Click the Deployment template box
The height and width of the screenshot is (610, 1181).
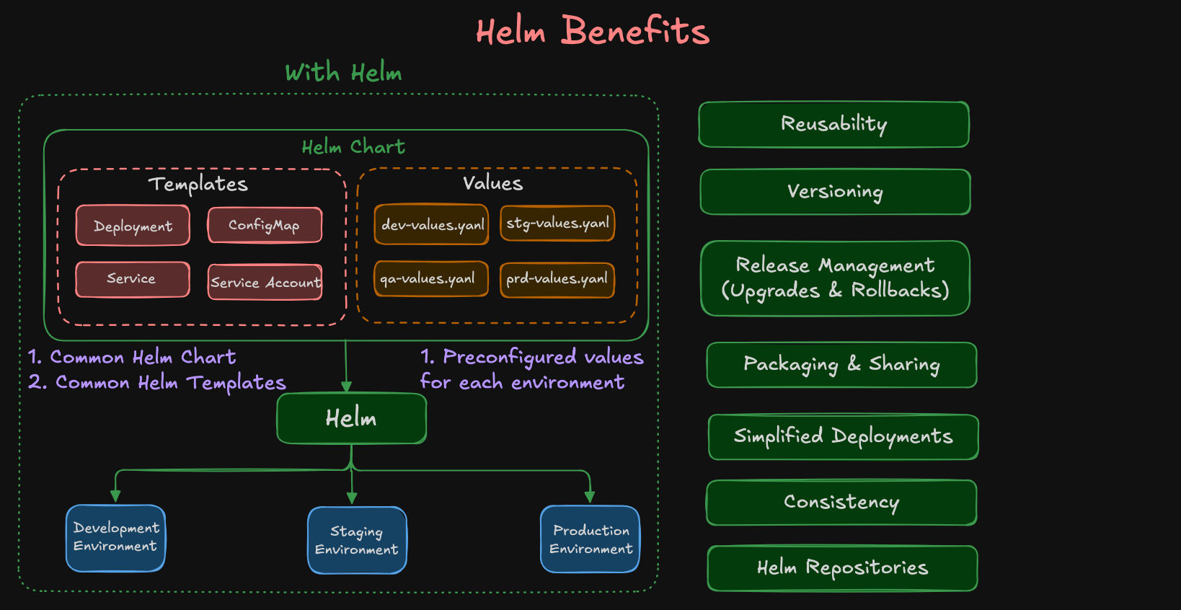133,226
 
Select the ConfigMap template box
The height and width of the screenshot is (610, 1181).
265,225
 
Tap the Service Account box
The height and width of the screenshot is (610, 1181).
265,282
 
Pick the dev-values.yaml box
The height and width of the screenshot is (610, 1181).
431,224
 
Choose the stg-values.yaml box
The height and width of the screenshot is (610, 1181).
557,223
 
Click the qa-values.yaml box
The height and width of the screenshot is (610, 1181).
430,279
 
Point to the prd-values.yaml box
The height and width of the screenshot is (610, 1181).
557,280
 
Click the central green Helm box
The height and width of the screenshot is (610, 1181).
351,418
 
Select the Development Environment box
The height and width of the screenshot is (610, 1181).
115,538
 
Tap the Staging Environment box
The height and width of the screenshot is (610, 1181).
357,540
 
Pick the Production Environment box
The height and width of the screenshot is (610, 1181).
590,539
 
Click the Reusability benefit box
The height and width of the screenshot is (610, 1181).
833,124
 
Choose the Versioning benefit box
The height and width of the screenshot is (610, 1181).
835,192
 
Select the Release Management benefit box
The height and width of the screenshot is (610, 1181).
835,278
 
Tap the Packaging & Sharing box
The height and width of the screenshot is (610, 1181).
841,365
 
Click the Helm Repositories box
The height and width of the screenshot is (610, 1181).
842,568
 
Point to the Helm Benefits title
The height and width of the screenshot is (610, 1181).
592,32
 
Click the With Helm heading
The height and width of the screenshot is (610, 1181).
343,73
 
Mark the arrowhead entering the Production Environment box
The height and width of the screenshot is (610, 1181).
590,498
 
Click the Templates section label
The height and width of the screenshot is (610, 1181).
198,185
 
